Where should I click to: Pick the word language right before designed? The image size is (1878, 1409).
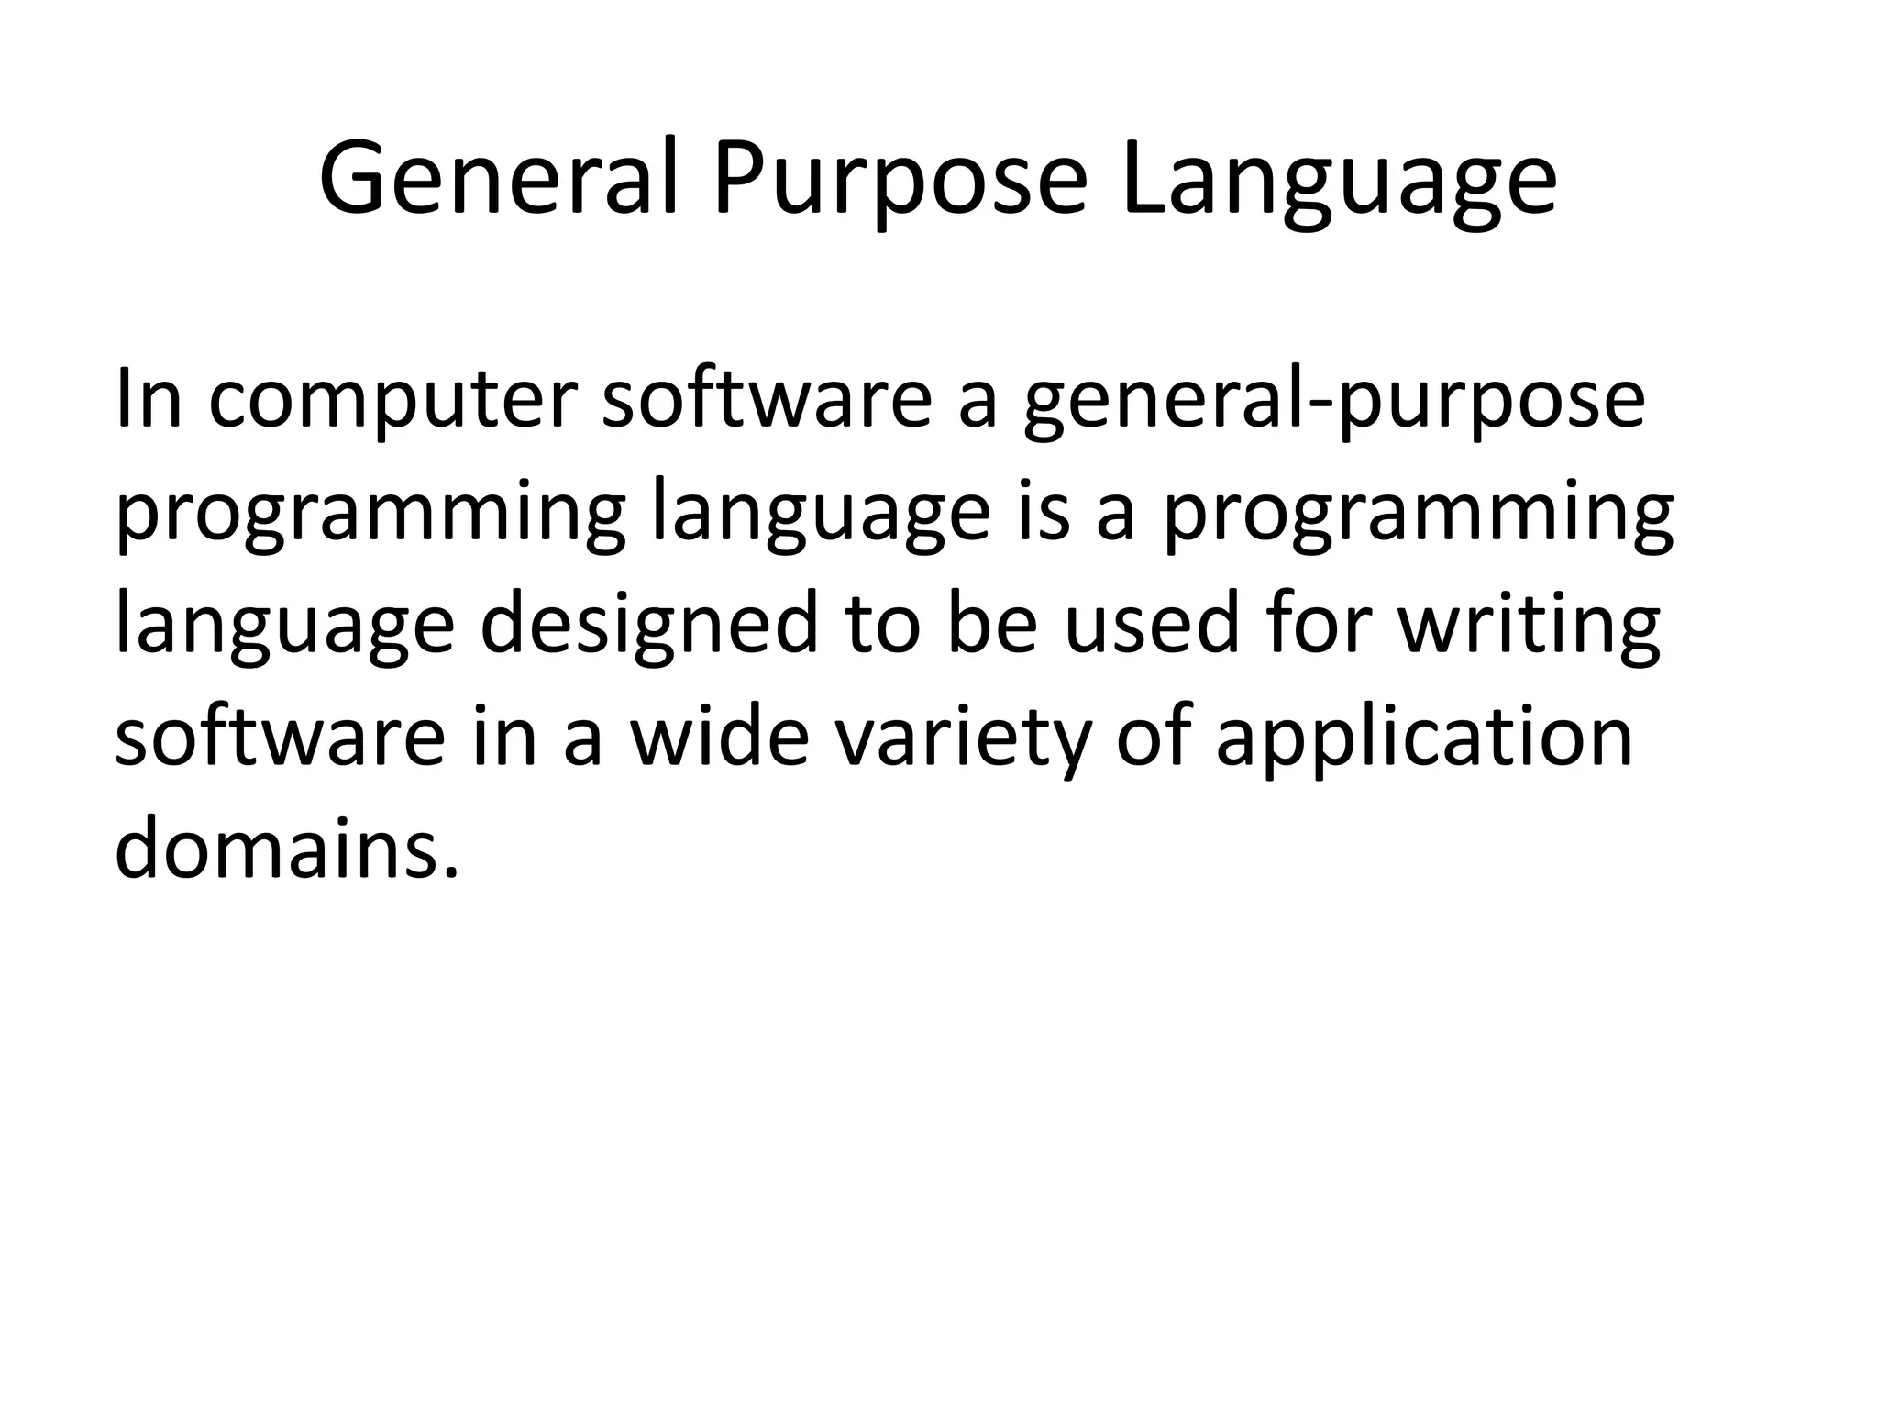pyautogui.click(x=284, y=625)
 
